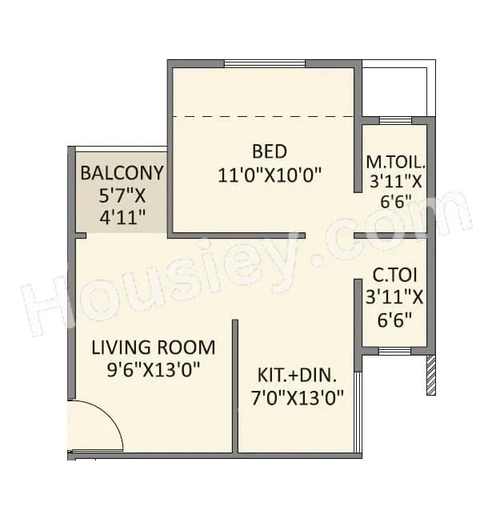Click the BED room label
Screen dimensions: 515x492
pyautogui.click(x=269, y=151)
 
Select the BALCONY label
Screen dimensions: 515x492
pyautogui.click(x=122, y=172)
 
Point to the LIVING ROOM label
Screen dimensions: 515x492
pyautogui.click(x=153, y=348)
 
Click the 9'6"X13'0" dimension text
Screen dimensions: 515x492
pyautogui.click(x=153, y=370)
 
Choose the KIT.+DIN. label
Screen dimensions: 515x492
pyautogui.click(x=298, y=375)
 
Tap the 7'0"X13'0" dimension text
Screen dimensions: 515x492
pyautogui.click(x=298, y=397)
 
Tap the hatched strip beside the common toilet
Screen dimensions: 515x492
pyautogui.click(x=431, y=375)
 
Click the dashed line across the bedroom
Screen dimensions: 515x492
pyautogui.click(x=264, y=117)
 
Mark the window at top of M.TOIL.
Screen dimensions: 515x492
pyautogui.click(x=394, y=121)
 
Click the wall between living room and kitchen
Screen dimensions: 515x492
pyautogui.click(x=235, y=384)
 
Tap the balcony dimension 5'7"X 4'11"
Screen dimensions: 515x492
pyautogui.click(x=122, y=206)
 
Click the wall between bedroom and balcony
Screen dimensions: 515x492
pyautogui.click(x=170, y=192)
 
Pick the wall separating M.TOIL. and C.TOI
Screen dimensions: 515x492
pyautogui.click(x=391, y=235)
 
